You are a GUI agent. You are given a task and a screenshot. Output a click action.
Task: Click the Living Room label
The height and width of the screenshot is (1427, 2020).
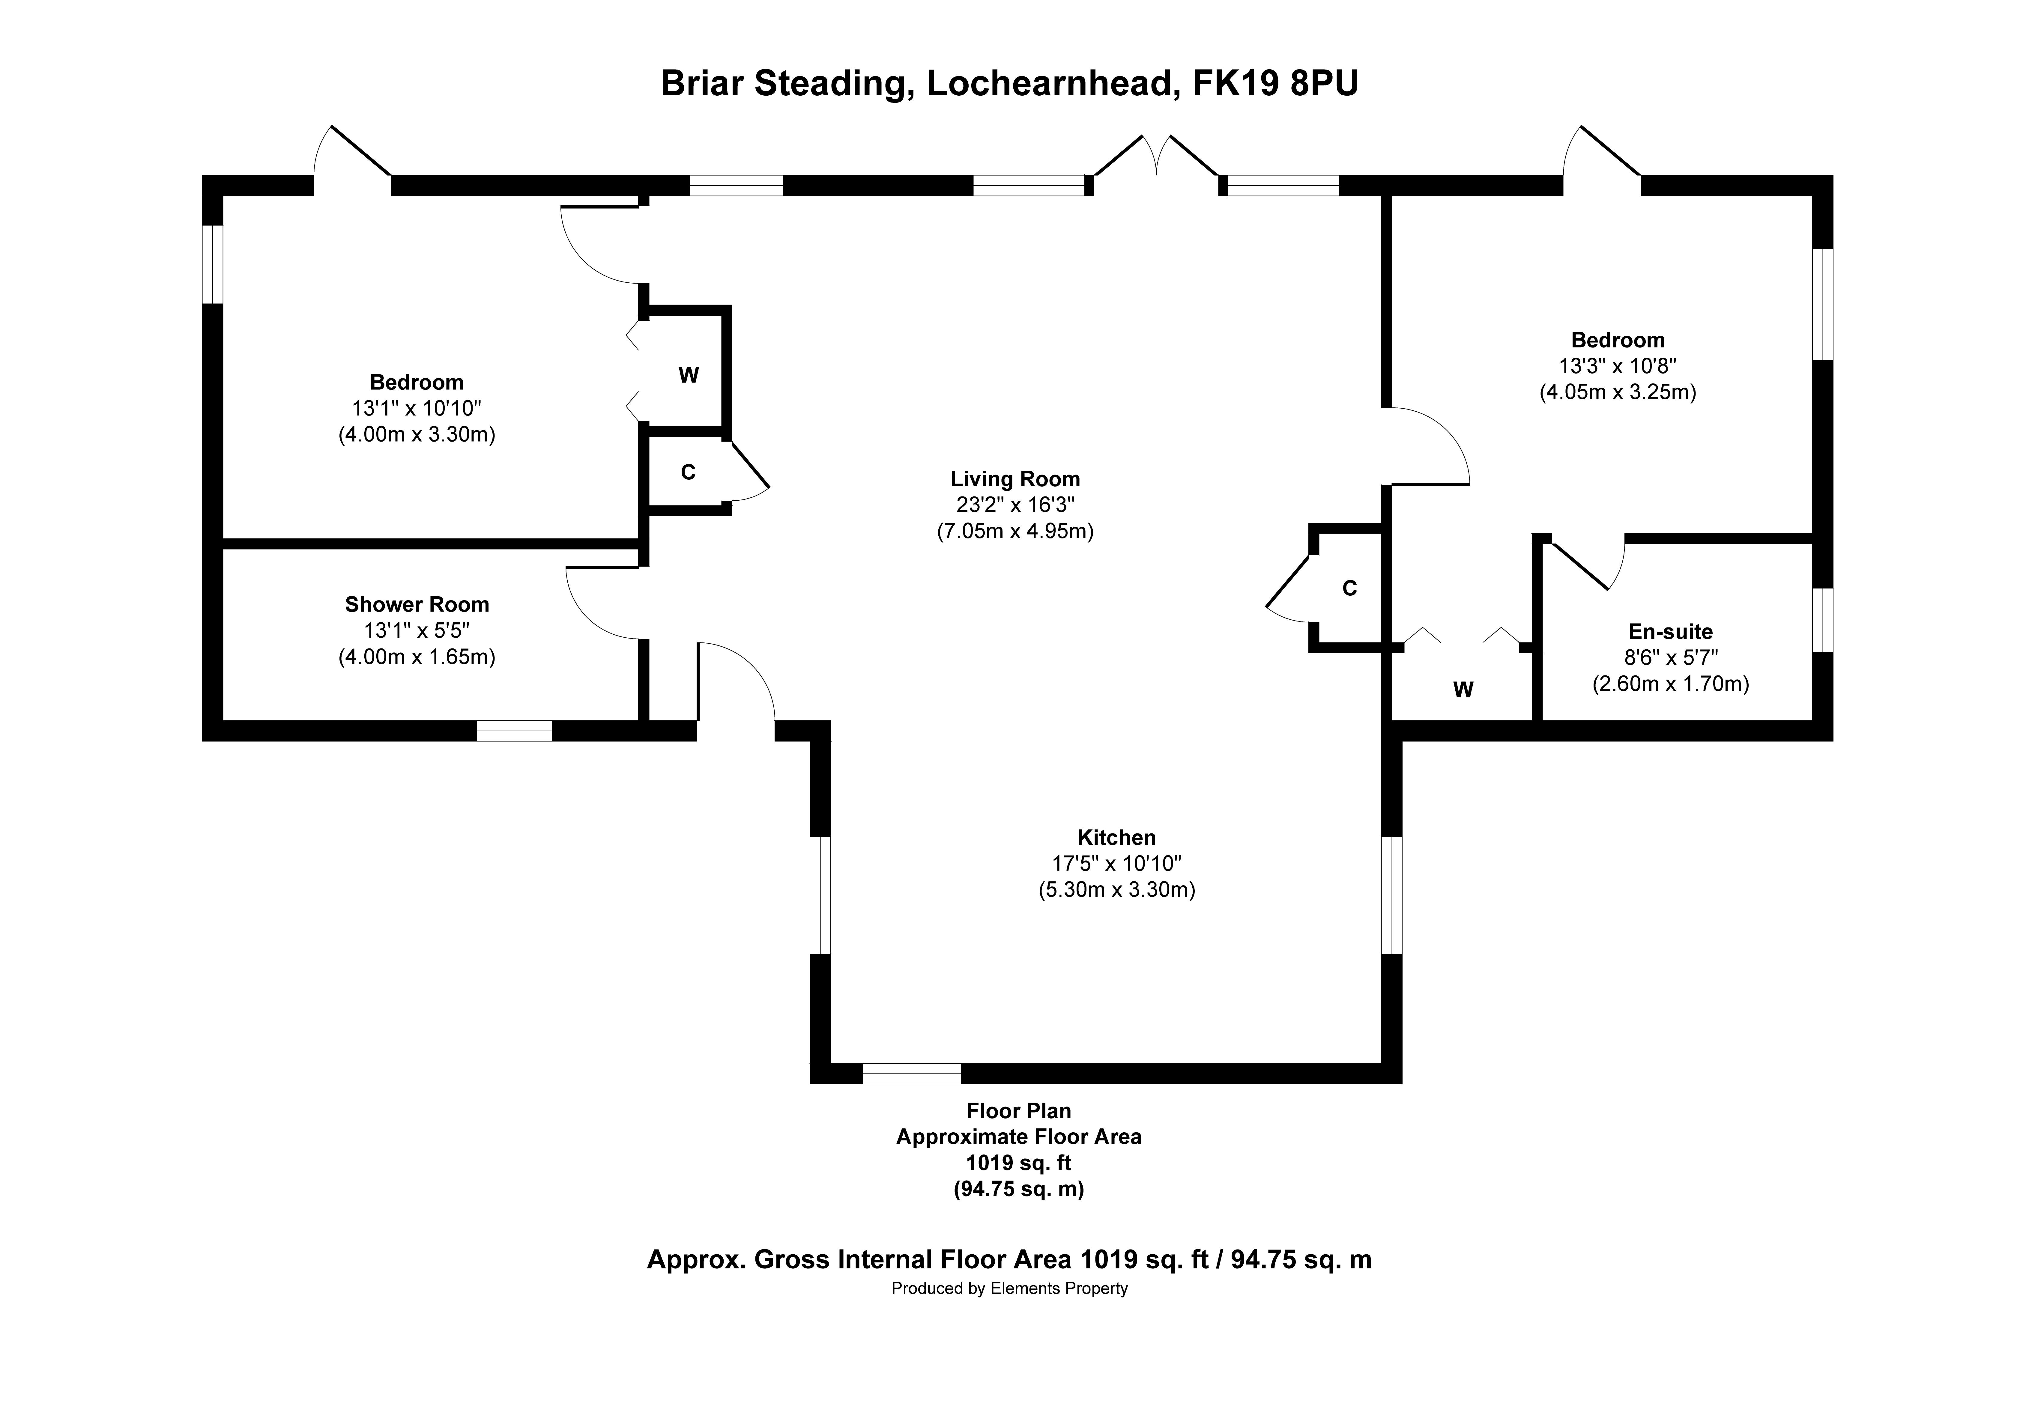(1014, 479)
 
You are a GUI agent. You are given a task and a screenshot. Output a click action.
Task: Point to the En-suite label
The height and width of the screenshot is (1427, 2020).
(1670, 632)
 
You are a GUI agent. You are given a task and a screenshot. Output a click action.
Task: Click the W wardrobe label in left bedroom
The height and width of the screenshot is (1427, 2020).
(688, 376)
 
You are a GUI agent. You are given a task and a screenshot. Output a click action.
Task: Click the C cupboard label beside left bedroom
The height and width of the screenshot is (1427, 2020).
(688, 472)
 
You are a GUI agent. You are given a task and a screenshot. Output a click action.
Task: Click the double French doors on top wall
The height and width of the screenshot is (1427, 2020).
(1156, 163)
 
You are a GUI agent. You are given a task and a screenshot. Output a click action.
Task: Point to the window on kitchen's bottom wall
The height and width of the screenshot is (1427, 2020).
(911, 1073)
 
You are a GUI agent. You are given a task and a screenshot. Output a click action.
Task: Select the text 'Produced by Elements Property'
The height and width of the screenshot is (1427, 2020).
(1009, 1289)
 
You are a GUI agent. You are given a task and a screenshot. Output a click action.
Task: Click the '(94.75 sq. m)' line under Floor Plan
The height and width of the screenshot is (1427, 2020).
(1019, 1190)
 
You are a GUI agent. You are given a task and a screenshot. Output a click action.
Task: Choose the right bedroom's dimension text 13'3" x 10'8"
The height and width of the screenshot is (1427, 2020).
(1617, 366)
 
